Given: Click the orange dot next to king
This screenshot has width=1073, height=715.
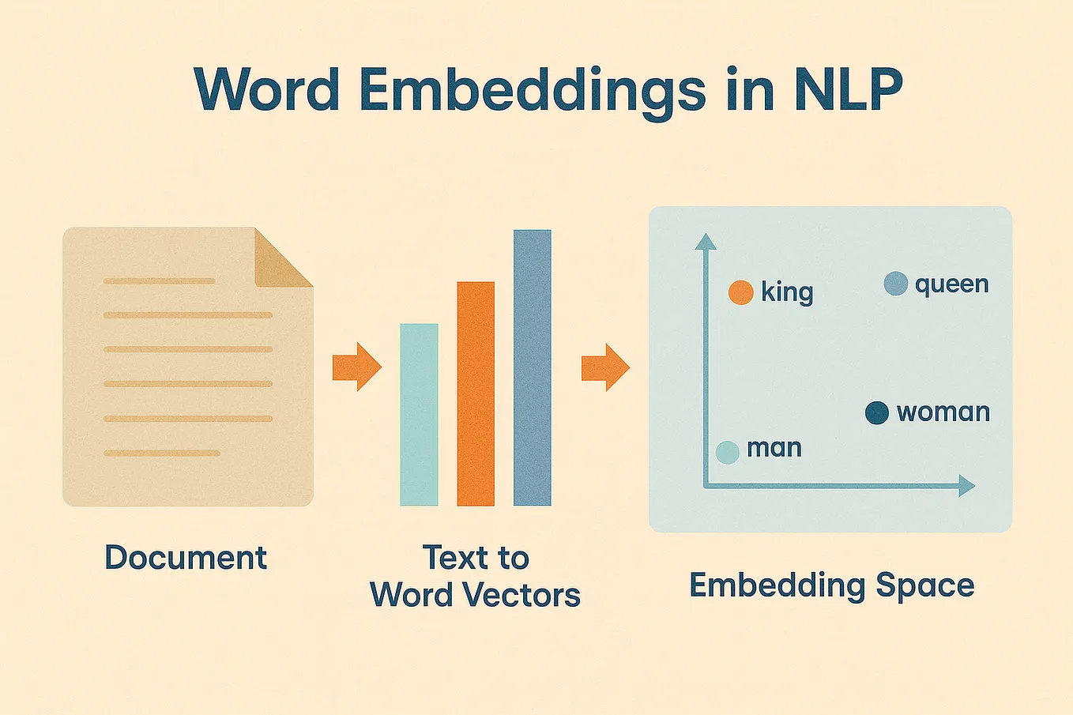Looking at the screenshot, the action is [740, 292].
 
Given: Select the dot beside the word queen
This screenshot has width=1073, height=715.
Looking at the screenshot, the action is [896, 284].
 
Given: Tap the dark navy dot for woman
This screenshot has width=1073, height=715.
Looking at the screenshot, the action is [877, 412].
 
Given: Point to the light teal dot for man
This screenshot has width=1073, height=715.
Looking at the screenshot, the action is [727, 452].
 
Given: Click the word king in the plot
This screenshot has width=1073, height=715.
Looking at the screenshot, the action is [787, 292].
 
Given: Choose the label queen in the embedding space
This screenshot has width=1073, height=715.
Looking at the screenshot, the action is [952, 285].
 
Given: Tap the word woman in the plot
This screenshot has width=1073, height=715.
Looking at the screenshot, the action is [943, 412].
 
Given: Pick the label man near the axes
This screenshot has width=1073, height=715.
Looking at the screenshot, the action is [774, 449].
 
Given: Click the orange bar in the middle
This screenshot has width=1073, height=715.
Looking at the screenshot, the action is [476, 393].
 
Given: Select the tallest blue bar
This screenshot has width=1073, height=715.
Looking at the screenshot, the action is [533, 368].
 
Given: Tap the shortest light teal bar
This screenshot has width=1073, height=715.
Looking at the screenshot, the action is [419, 415].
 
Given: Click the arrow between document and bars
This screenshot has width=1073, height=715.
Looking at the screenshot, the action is [357, 367].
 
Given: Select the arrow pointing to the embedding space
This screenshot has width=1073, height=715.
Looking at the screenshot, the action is [605, 367].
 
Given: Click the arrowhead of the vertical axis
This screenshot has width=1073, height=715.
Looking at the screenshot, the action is [705, 242].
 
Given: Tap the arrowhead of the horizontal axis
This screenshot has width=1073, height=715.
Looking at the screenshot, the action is [966, 486].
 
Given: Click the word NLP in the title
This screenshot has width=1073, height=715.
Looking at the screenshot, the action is [847, 89].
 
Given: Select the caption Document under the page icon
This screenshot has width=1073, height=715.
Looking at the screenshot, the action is [186, 558].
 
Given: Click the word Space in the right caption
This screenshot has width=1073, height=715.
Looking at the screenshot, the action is [925, 586].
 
